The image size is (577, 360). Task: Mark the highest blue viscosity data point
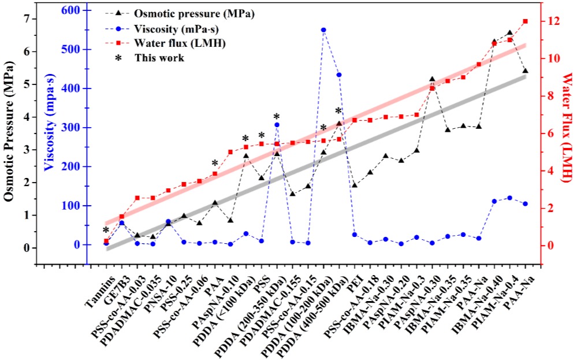323,30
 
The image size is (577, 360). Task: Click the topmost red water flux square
525,21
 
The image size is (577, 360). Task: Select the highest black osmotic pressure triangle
509,33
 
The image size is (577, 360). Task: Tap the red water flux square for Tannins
106,241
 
